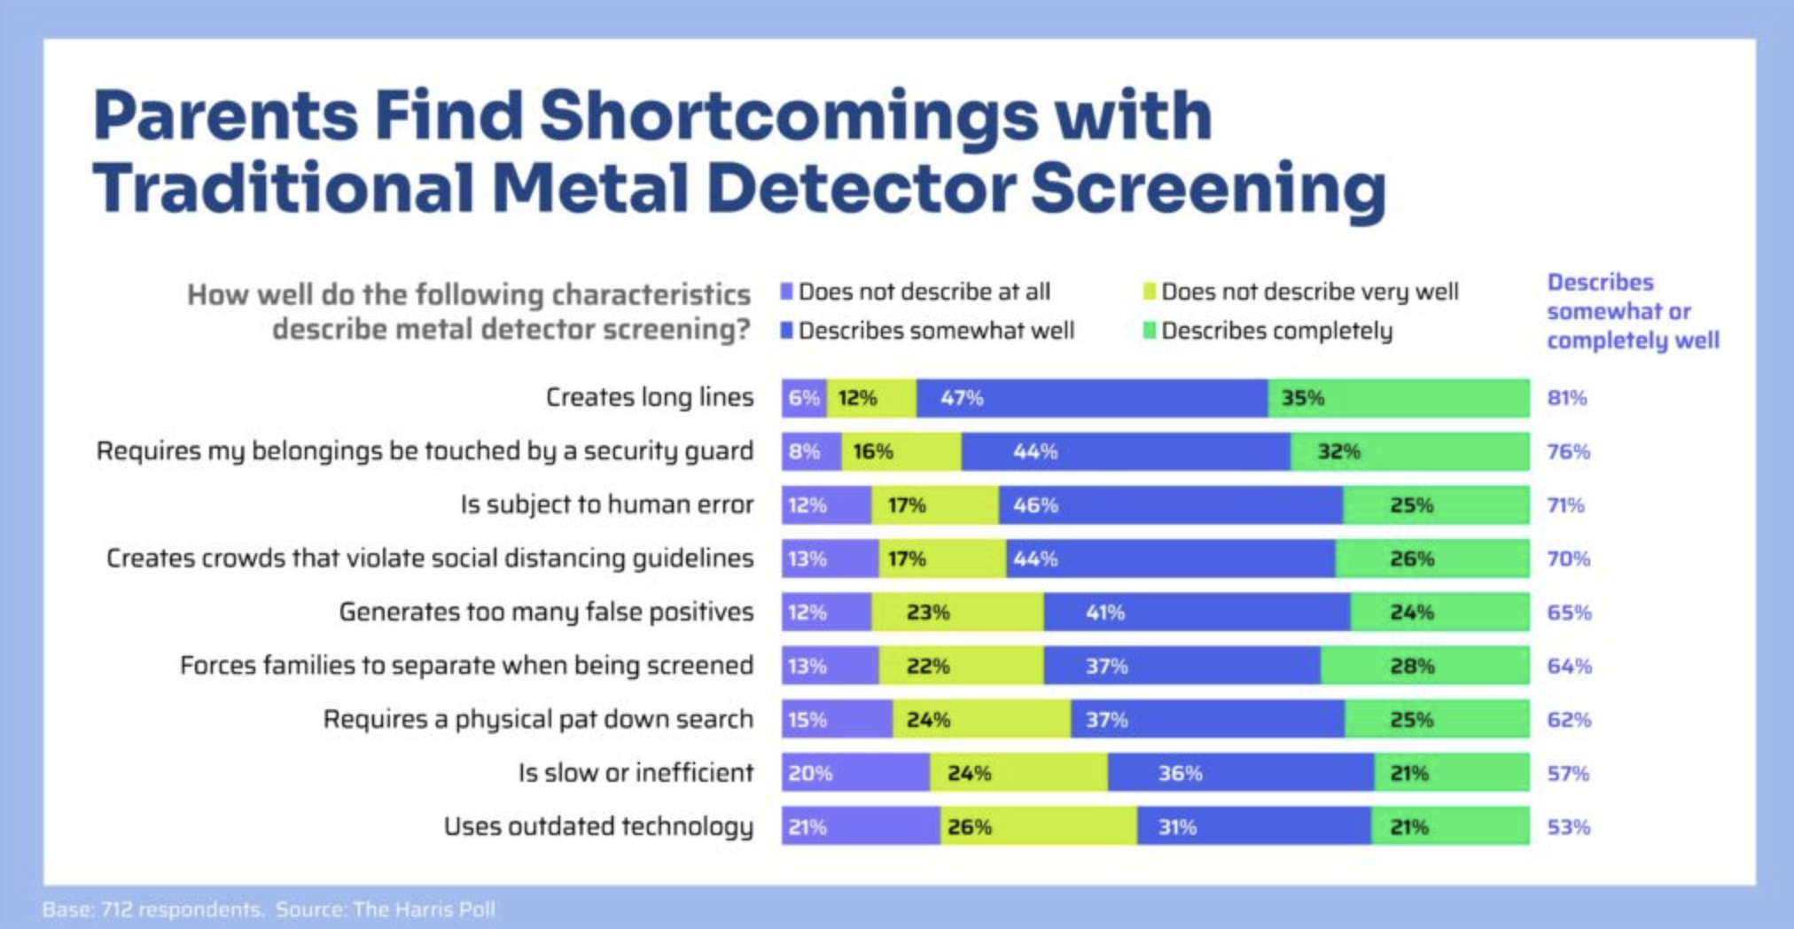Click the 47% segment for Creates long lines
1091,398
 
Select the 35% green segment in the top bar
1398,398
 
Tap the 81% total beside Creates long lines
1566,398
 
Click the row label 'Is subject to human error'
606,504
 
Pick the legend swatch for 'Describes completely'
1149,331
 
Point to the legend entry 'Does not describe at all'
923,292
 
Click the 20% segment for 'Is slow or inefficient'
855,773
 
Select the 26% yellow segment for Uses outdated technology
1038,826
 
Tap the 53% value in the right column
1568,827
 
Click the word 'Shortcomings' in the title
788,115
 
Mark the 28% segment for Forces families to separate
1424,666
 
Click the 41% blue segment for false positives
1197,613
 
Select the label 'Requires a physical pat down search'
538,719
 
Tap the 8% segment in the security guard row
811,452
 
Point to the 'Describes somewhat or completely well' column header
1632,311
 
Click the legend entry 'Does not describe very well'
1308,292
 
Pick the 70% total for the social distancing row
1568,558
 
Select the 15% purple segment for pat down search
836,719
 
